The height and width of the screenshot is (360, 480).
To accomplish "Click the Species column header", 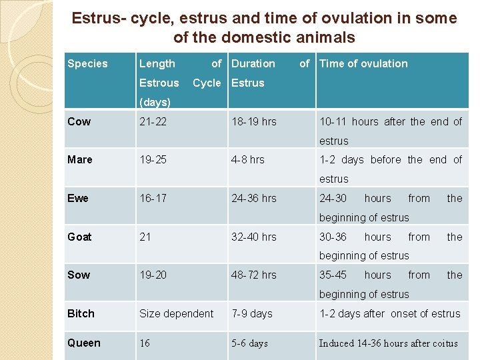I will [x=87, y=64].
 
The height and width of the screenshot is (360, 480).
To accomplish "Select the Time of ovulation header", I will [x=363, y=64].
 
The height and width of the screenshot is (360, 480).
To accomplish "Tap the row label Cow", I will [x=79, y=121].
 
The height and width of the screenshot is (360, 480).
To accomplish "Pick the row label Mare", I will [x=80, y=159].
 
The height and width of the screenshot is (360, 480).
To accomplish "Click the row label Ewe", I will [x=78, y=198].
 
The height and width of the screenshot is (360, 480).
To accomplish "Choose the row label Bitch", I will [x=81, y=313].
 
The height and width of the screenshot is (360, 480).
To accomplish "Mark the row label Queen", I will [x=84, y=343].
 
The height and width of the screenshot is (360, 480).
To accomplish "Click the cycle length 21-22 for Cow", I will [x=153, y=121].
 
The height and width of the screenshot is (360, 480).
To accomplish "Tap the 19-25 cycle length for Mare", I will [x=153, y=159].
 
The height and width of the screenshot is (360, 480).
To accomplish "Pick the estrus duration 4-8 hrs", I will [x=248, y=159].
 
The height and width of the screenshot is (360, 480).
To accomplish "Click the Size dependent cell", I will [x=176, y=313].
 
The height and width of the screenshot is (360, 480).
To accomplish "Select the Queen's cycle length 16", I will [x=145, y=343].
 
